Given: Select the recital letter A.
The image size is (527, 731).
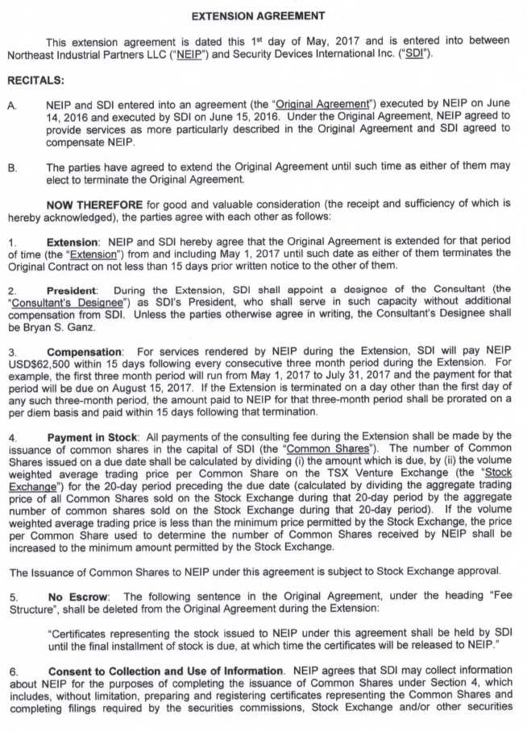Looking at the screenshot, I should (x=11, y=105).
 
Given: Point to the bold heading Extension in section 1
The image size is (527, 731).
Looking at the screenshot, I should (x=72, y=242).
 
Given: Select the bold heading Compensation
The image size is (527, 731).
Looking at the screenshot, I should (x=85, y=352).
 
